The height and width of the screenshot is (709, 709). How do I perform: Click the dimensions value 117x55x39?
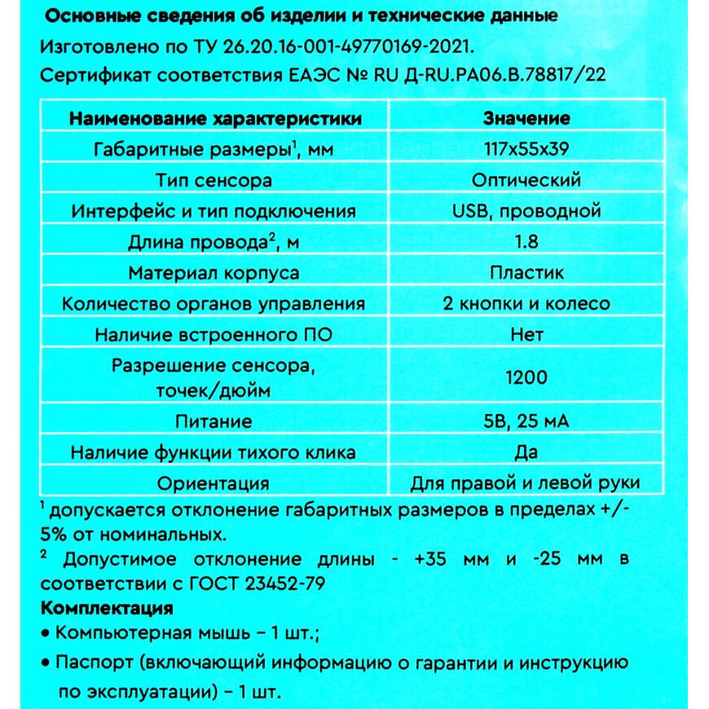pyautogui.click(x=526, y=149)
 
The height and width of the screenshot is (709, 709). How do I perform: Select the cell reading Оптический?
pyautogui.click(x=526, y=180)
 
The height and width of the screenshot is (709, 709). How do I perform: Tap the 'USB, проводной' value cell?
pyautogui.click(x=526, y=211)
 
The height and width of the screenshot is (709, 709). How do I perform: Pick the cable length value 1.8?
pyautogui.click(x=526, y=242)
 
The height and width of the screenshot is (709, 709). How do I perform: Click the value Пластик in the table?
pyautogui.click(x=526, y=273)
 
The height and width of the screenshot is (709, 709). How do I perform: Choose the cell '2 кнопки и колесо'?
pyautogui.click(x=526, y=304)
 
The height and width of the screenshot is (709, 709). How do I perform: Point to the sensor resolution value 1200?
pyautogui.click(x=526, y=377)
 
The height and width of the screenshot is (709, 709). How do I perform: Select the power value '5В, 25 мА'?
pyautogui.click(x=526, y=422)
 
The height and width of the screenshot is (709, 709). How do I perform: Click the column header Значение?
pyautogui.click(x=526, y=118)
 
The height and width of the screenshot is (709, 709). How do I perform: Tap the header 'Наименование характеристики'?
pyautogui.click(x=216, y=118)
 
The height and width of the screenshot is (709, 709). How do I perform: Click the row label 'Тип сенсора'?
pyautogui.click(x=214, y=180)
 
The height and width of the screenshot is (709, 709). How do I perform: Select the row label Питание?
pyautogui.click(x=214, y=422)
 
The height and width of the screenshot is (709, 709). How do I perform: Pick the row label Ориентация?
pyautogui.click(x=214, y=483)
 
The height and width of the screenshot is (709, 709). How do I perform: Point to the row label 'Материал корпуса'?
pyautogui.click(x=214, y=273)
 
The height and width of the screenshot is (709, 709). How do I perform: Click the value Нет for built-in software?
pyautogui.click(x=526, y=335)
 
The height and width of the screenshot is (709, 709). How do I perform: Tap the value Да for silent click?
pyautogui.click(x=526, y=453)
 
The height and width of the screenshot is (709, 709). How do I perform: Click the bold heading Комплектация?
pyautogui.click(x=106, y=609)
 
